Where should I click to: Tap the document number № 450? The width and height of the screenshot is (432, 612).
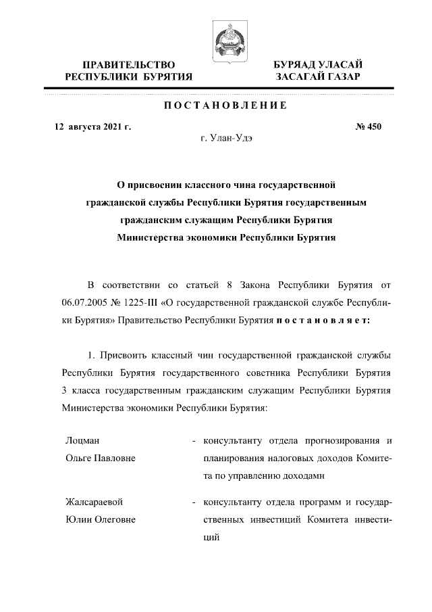click(369, 126)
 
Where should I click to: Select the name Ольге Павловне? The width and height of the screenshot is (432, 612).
click(101, 458)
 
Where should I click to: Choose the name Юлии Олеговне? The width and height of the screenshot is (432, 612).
click(101, 519)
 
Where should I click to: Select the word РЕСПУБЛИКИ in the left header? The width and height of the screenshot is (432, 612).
click(97, 77)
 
